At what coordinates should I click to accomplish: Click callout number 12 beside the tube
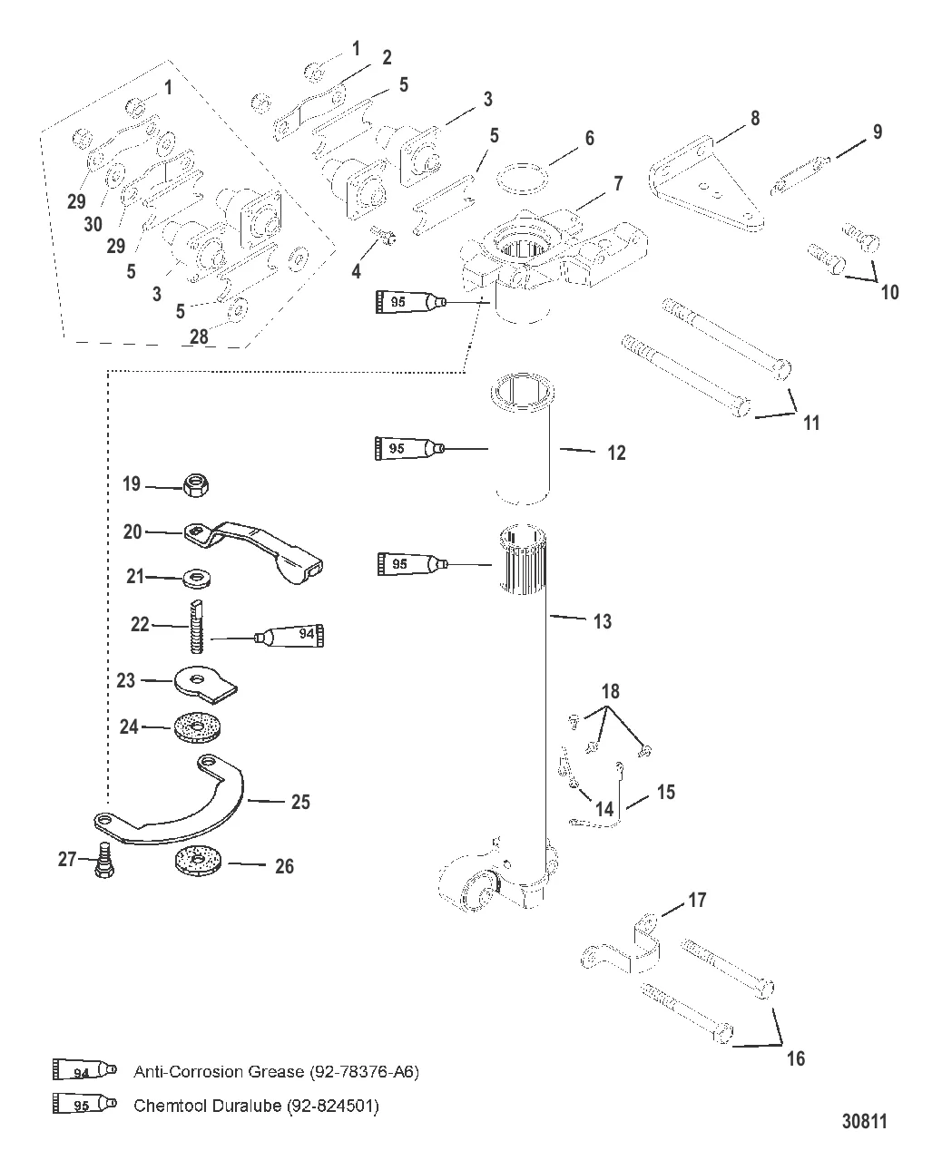(616, 453)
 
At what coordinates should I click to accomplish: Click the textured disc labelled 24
(197, 728)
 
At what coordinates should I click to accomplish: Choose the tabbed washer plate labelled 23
(203, 681)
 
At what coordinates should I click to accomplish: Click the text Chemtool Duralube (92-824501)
(255, 1106)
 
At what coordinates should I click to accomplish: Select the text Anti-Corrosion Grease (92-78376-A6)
(276, 1071)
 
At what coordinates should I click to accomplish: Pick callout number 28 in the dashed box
(198, 336)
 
